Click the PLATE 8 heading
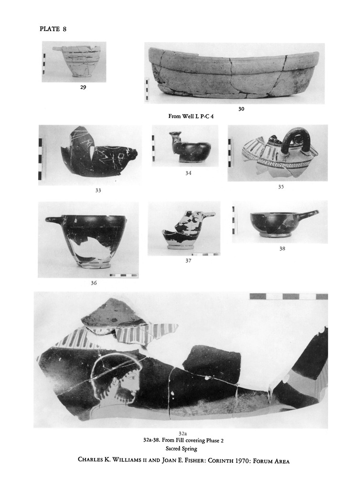coord(53,29)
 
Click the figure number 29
coord(83,87)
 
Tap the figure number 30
coord(241,109)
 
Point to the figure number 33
coord(98,190)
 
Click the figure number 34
coord(188,173)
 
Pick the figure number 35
coord(281,187)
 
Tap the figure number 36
coord(94,283)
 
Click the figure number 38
coord(282,248)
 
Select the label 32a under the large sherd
coord(182,433)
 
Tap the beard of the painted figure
coord(125,393)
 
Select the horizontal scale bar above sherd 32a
coord(289,296)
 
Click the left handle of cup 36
coord(54,220)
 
